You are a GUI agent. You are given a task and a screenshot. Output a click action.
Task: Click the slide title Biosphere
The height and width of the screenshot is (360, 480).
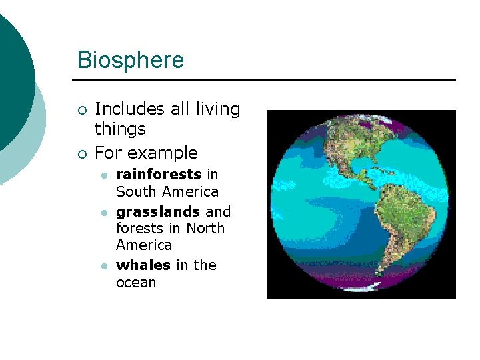coord(130,60)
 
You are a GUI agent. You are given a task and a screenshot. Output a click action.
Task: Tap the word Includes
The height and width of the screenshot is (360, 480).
coord(129,109)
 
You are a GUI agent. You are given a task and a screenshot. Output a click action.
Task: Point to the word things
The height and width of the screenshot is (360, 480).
coord(120,128)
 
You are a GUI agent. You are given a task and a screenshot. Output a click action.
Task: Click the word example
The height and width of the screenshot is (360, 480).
coord(165,153)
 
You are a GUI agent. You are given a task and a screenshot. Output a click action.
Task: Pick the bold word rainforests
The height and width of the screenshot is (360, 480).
coord(159,175)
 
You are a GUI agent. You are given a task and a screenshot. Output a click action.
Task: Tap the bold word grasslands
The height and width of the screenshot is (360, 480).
coord(158,212)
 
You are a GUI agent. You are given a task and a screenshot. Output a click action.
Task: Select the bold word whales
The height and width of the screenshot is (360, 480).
coord(143,265)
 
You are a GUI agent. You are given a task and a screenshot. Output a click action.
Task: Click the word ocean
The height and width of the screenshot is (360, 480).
coord(136,283)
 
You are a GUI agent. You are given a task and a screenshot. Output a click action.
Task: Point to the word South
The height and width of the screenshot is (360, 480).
coord(136,192)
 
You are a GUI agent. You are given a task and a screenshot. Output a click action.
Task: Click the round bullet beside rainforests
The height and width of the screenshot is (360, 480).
coord(104,175)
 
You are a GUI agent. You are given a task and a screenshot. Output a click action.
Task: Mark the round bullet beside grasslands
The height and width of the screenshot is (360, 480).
coord(104,213)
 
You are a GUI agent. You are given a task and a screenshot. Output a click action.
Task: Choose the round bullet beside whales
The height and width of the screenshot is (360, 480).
coord(104,266)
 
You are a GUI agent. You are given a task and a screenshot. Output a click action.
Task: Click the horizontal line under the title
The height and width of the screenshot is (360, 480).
coord(267,80)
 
